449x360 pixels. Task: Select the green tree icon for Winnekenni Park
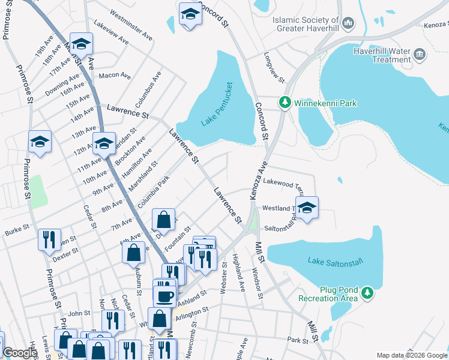[x=285, y=103]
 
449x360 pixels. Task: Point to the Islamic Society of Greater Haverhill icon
[x=348, y=24]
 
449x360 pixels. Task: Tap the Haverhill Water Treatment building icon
[x=420, y=55]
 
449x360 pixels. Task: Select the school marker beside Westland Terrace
[x=307, y=208]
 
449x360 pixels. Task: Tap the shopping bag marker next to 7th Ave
[x=163, y=220]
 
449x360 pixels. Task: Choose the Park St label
[x=297, y=340]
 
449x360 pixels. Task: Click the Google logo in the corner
[x=20, y=353]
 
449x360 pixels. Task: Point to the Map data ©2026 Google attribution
[x=411, y=355]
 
